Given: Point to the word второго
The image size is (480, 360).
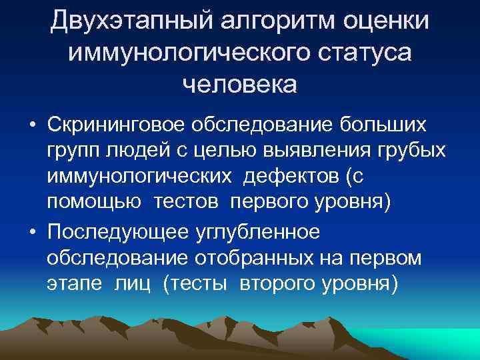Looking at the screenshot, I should coord(274,283).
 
